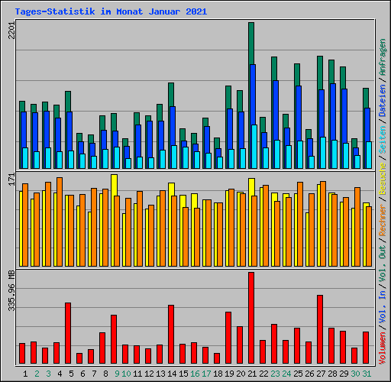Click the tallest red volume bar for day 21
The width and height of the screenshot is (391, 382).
pos(250,318)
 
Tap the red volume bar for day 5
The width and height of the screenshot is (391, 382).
pos(67,333)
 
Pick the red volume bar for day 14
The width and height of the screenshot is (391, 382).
pos(170,334)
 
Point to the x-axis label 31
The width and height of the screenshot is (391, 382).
pos(367,374)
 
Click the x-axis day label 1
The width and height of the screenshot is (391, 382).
pos(26,374)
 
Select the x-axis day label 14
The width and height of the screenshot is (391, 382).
pos(172,374)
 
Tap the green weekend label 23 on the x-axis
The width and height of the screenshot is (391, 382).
pos(275,374)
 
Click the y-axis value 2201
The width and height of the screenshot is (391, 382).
pos(11,32)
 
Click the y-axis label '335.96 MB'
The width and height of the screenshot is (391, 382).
pos(11,291)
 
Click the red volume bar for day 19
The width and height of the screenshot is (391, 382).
pos(228,338)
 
